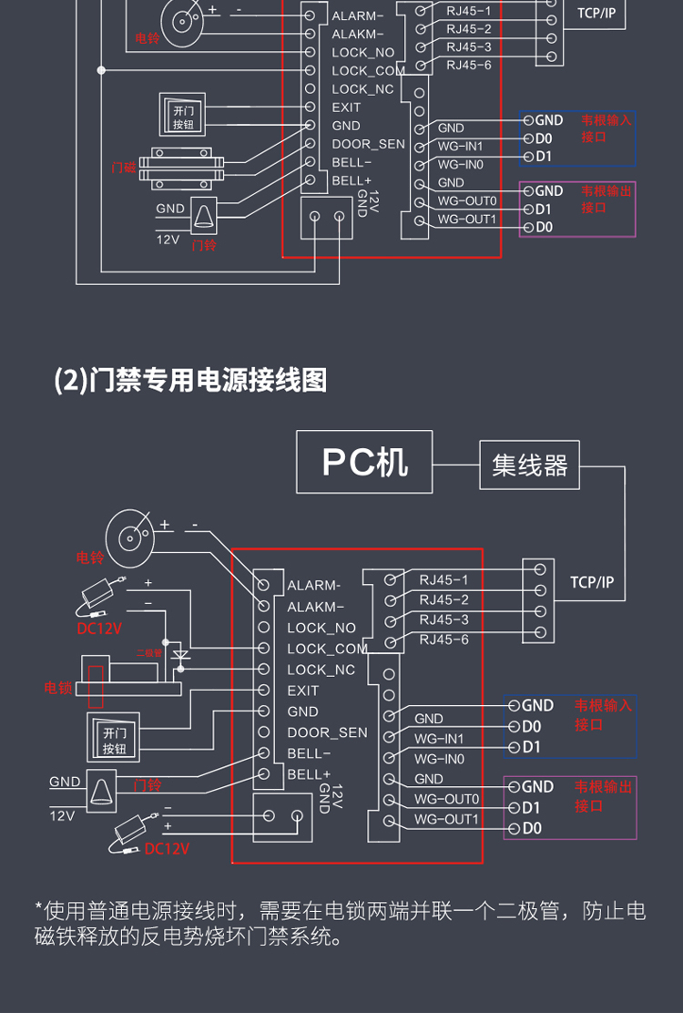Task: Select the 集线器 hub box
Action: pos(529,466)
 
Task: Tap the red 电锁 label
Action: pos(58,688)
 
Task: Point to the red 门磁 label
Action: pos(123,168)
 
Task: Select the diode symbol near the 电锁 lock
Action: pos(180,655)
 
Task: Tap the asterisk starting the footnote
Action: pos(38,909)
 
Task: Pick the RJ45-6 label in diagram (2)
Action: pos(443,640)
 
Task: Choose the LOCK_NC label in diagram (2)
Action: pos(321,670)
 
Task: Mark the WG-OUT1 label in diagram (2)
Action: pos(446,819)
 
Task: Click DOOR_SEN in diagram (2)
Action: pos(327,732)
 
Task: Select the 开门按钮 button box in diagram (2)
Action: pos(114,740)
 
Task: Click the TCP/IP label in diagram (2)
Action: pos(592,582)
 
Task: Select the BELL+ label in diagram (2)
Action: pos(309,774)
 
